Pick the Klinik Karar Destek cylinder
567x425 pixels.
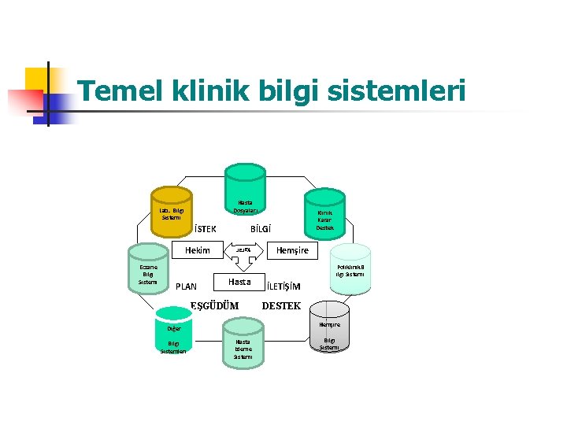coord(325,215)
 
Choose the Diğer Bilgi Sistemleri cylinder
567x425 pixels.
coord(173,338)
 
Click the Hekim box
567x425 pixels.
coord(198,250)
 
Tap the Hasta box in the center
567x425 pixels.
coord(239,282)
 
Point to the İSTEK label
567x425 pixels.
coord(206,230)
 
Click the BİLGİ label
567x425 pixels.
coord(261,230)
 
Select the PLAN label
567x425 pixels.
coord(187,286)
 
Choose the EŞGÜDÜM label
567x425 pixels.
coord(215,305)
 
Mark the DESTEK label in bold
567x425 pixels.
coord(281,305)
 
